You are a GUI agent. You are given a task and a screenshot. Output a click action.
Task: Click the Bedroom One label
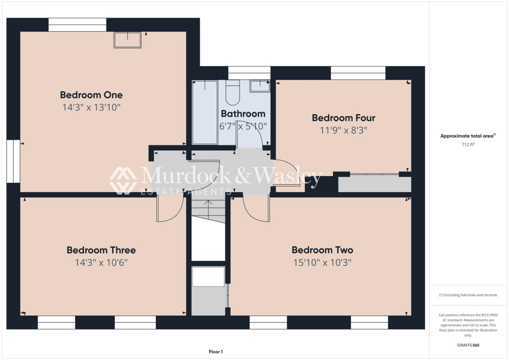point(91,94)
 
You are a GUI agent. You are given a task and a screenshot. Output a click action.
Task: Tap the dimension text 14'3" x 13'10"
point(91,107)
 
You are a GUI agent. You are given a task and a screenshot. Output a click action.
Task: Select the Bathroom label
point(243,114)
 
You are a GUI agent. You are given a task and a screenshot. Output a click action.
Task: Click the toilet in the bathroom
point(233,91)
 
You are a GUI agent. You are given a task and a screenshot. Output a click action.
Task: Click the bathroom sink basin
point(259,86)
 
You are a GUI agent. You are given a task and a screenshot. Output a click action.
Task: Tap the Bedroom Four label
point(343,118)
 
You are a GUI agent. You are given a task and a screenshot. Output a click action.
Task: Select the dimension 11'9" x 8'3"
point(343,130)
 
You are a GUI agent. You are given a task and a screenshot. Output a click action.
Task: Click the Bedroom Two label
point(322,250)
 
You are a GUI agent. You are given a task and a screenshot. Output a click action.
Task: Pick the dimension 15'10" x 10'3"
point(322,262)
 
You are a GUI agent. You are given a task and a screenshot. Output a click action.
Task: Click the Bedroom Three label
point(101,250)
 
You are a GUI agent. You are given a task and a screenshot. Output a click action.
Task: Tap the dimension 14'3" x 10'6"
point(101,262)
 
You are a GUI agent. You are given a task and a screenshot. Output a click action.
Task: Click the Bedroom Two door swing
point(256,209)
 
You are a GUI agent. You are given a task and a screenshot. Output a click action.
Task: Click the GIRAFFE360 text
point(467,345)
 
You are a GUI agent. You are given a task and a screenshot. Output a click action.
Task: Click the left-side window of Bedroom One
point(12,162)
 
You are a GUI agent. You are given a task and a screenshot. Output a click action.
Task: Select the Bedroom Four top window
point(358,73)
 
